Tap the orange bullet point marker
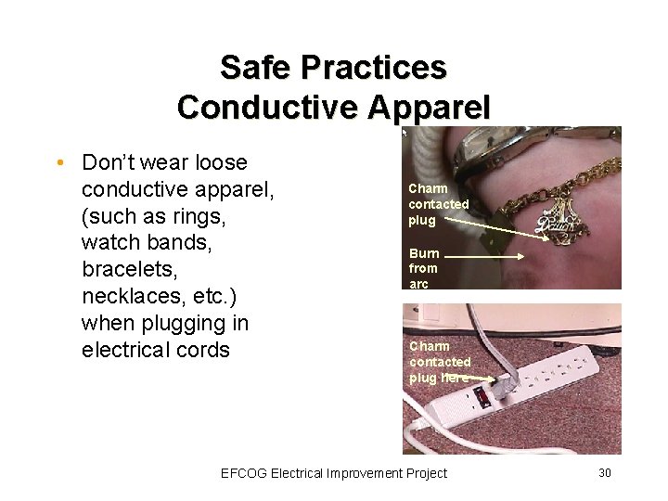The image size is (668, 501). tap(58, 163)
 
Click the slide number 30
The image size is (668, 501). tap(604, 473)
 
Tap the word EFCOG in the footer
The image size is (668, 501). tap(244, 473)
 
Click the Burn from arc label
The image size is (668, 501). tap(423, 268)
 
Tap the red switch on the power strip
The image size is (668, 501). tap(482, 397)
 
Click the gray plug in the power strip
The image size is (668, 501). tap(506, 383)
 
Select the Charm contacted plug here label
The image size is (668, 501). tap(440, 362)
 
